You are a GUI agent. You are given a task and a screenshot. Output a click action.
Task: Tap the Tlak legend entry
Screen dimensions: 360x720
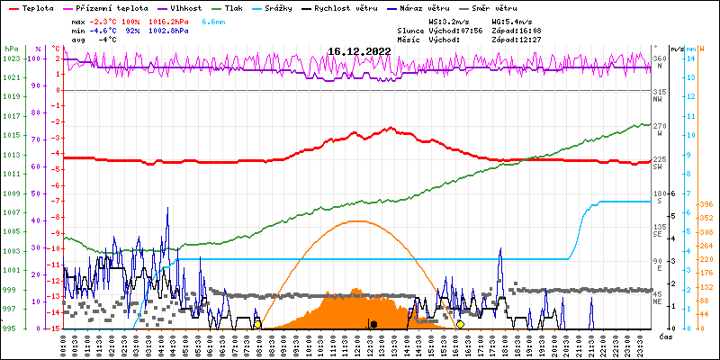tap(234, 7)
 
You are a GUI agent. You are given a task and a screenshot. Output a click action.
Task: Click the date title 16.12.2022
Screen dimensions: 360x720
tap(359, 51)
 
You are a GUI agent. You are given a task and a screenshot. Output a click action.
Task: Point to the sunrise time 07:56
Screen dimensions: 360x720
tap(472, 31)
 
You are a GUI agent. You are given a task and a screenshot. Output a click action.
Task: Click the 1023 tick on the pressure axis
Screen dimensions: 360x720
tap(11, 58)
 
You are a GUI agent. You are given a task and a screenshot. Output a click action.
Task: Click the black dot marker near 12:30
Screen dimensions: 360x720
tap(373, 324)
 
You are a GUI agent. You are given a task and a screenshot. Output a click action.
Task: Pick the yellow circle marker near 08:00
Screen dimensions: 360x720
tap(257, 324)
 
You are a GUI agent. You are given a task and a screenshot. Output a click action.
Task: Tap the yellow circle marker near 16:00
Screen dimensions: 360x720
tap(461, 324)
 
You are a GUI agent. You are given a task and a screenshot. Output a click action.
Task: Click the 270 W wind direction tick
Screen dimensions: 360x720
tap(658, 129)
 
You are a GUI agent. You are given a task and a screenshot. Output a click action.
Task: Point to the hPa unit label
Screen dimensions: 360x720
tap(11, 48)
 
